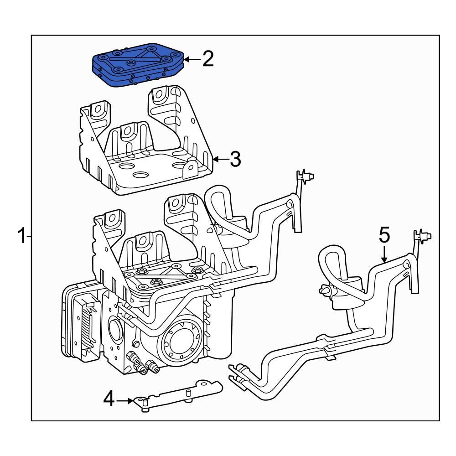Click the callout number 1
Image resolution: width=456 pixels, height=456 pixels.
pyautogui.click(x=21, y=237)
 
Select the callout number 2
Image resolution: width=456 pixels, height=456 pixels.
pyautogui.click(x=208, y=59)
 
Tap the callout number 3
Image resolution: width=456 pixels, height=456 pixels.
pyautogui.click(x=235, y=159)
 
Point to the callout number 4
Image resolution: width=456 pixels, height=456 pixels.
pyautogui.click(x=108, y=399)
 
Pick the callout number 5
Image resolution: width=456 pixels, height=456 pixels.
pyautogui.click(x=384, y=236)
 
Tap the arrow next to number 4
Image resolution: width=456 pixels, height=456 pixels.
pyautogui.click(x=124, y=401)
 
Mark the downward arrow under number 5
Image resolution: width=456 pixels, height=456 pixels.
pyautogui.click(x=384, y=254)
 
